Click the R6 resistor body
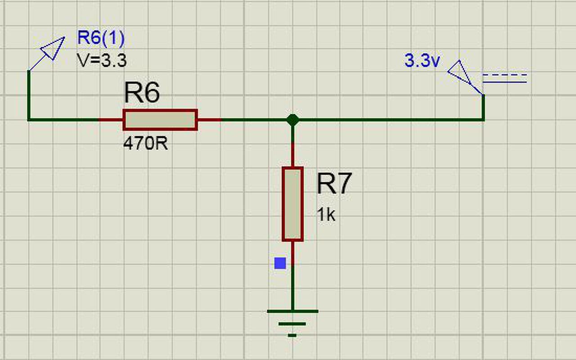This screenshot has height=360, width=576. pyautogui.click(x=160, y=120)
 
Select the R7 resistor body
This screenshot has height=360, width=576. pyautogui.click(x=292, y=204)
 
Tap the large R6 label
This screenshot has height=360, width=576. pyautogui.click(x=142, y=94)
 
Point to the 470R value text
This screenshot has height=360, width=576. pyautogui.click(x=145, y=144)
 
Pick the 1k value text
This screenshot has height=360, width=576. pyautogui.click(x=326, y=215)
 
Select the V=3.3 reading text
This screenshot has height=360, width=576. pyautogui.click(x=102, y=60)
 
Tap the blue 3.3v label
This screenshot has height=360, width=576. pyautogui.click(x=422, y=61)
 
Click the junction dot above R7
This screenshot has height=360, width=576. pyautogui.click(x=292, y=120)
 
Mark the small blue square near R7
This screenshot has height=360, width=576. pyautogui.click(x=280, y=263)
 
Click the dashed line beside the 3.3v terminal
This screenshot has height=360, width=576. pyautogui.click(x=504, y=75)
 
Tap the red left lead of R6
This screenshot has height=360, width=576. pyautogui.click(x=111, y=120)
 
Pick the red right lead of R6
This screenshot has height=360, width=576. pyautogui.click(x=209, y=120)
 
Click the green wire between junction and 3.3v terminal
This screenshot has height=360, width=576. pyautogui.click(x=387, y=120)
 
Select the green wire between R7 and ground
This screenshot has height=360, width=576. pyautogui.click(x=292, y=288)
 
